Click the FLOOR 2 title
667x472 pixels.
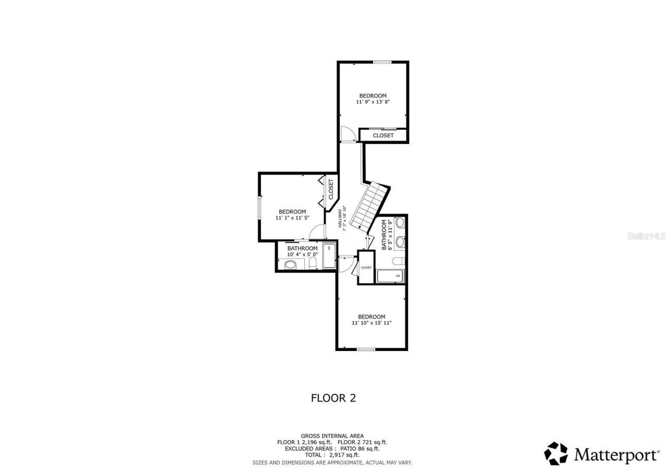point(333,398)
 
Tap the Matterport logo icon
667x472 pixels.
point(556,454)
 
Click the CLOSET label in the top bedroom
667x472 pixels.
point(383,136)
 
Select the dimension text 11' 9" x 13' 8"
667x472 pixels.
point(373,102)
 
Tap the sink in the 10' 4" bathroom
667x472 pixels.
point(290,265)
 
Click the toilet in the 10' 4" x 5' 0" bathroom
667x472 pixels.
point(313,263)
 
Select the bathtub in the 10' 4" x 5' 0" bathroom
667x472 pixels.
point(329,256)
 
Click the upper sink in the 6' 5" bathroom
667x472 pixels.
point(400,223)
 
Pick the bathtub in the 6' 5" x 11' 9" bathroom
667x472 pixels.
point(390,276)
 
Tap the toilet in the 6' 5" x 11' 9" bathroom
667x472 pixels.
point(399,261)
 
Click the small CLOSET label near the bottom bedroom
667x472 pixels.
point(366,268)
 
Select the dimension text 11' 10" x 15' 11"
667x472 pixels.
point(372,323)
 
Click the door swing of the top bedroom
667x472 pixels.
point(347,134)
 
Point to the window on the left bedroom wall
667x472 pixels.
point(260,212)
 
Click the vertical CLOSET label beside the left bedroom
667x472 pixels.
point(330,190)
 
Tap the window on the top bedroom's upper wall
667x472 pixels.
point(382,63)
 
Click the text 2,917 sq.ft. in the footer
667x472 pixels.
point(344,455)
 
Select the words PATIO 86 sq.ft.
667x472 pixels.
point(360,449)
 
